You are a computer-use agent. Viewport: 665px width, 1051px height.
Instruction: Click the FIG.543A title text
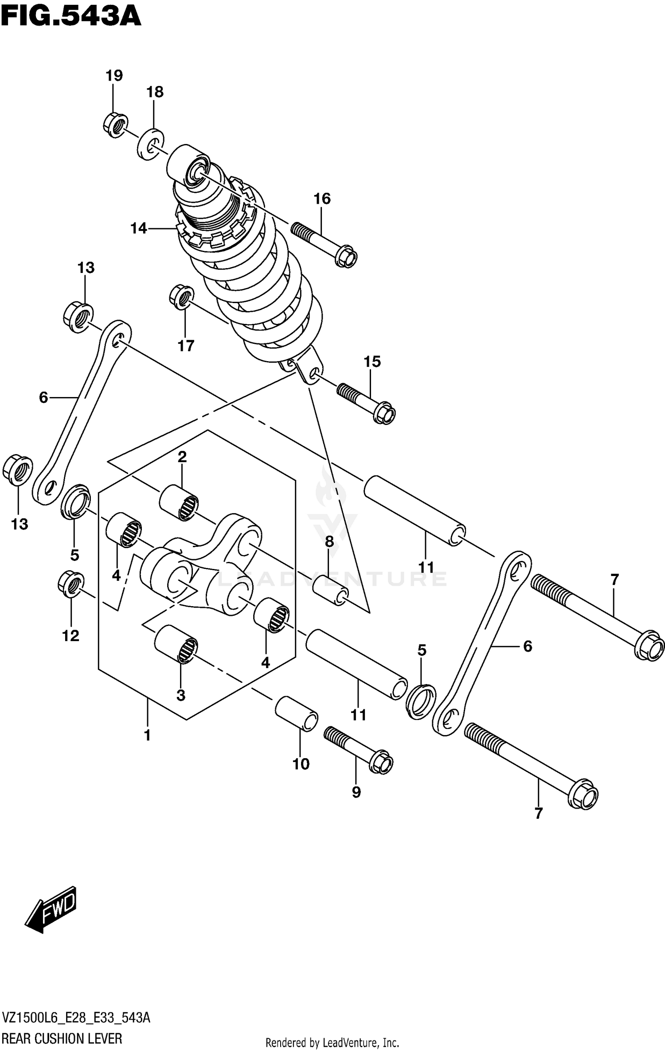(71, 17)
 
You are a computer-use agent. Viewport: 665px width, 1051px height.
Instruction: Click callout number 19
(114, 75)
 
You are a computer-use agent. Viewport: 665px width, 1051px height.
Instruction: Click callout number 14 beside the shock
(138, 228)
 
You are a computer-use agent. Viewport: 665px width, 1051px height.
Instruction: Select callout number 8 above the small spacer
(329, 541)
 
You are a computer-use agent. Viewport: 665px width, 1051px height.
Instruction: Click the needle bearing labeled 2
(179, 502)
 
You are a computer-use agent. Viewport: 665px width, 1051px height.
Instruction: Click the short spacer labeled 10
(297, 713)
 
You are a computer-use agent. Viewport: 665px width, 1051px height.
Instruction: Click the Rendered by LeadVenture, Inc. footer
(332, 1043)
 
